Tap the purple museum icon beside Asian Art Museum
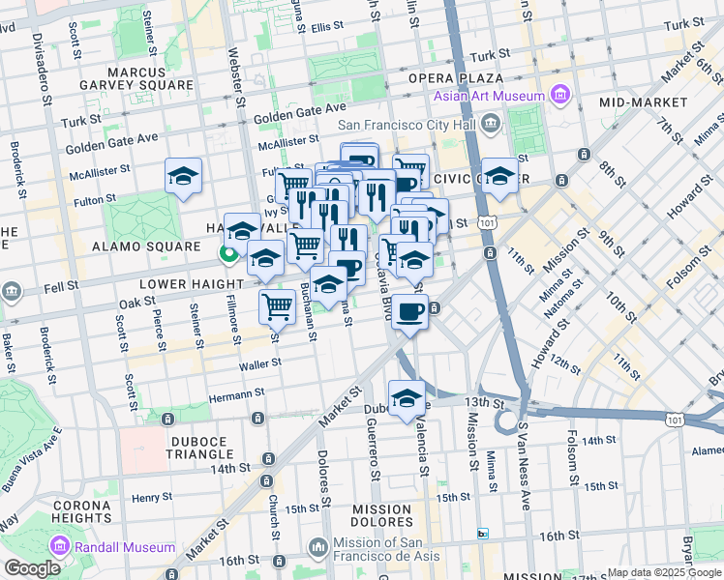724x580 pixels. click(559, 94)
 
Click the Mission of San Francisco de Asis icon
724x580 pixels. click(317, 548)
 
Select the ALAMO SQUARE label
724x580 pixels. click(132, 246)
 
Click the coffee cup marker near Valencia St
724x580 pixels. click(410, 311)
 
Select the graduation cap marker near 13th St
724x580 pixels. click(407, 397)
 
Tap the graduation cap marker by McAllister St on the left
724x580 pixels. click(183, 176)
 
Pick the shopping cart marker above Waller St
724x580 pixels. click(278, 306)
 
